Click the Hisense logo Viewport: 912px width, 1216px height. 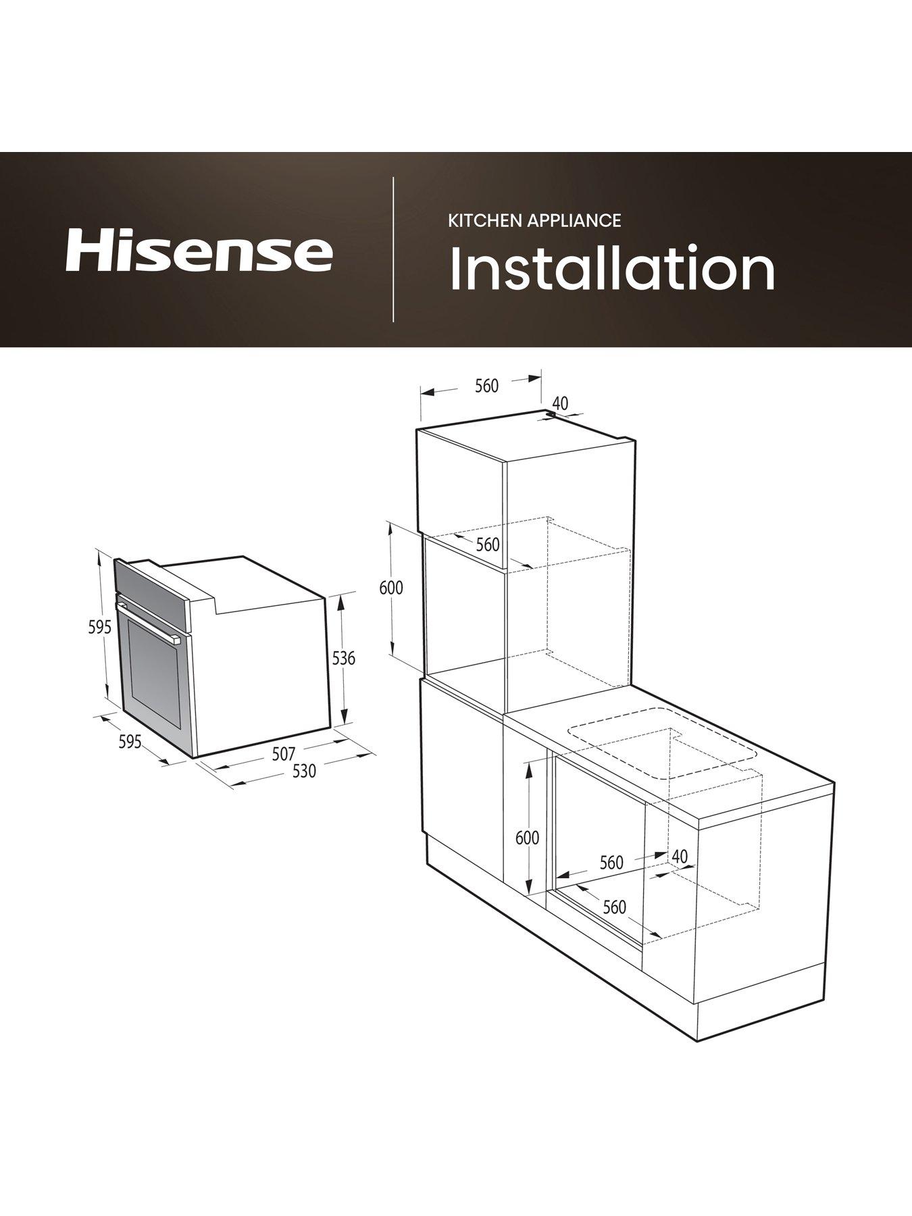[x=199, y=251]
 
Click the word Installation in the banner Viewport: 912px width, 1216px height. [x=612, y=269]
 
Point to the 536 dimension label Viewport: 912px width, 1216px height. [x=344, y=657]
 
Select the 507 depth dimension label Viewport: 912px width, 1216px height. [x=284, y=753]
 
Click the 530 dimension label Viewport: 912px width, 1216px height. [x=304, y=770]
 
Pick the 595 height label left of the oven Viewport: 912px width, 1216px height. [x=99, y=627]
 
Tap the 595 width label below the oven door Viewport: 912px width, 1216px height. [x=130, y=742]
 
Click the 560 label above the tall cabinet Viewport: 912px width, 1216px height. [x=486, y=386]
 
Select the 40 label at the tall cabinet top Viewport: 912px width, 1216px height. [x=560, y=403]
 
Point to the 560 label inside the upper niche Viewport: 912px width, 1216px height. [x=488, y=544]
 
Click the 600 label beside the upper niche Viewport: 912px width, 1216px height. [x=391, y=588]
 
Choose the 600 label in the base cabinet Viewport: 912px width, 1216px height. [x=527, y=838]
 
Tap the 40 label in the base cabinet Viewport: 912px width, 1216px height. [x=680, y=856]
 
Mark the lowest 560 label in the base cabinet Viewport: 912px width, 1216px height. [x=614, y=907]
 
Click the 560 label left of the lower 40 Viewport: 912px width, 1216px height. [x=611, y=863]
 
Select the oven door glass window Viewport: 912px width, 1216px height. [x=155, y=676]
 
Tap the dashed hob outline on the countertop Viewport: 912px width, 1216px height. [x=662, y=743]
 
